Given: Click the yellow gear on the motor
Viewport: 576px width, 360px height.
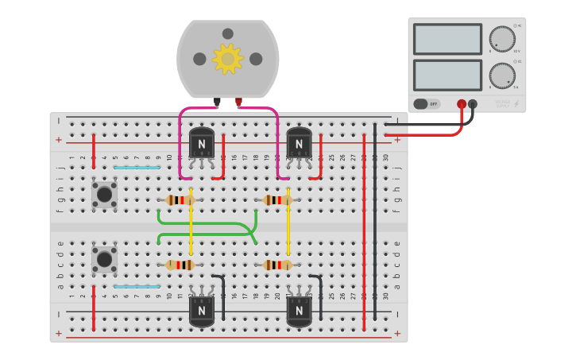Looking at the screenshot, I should [x=228, y=59].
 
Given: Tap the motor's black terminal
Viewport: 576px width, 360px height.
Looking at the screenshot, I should [x=217, y=102].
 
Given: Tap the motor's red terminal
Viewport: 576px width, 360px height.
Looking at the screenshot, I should [x=238, y=102].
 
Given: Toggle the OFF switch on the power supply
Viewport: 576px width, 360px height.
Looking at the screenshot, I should [x=427, y=104].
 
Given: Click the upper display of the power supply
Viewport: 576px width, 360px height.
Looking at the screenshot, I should [x=447, y=39].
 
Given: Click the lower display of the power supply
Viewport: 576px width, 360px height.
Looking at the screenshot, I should [x=447, y=75].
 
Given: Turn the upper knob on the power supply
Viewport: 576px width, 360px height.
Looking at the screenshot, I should [x=502, y=39].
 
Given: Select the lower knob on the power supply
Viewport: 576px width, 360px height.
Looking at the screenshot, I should [x=502, y=75].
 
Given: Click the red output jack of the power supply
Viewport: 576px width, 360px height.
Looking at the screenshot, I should [x=462, y=104].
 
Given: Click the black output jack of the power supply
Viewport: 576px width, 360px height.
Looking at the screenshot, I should [x=473, y=104].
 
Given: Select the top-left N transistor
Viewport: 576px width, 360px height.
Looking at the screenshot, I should [x=202, y=143].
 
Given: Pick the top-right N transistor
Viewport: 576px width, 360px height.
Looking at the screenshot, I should [x=299, y=143].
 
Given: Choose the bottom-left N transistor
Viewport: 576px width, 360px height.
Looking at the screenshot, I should [x=202, y=311].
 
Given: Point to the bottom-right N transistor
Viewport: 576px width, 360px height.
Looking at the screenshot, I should [x=299, y=311].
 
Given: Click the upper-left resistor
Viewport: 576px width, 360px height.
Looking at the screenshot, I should [x=180, y=200].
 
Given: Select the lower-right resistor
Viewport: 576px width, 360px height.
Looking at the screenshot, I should [x=277, y=265].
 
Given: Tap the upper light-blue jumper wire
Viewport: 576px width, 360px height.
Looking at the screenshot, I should [x=137, y=168].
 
